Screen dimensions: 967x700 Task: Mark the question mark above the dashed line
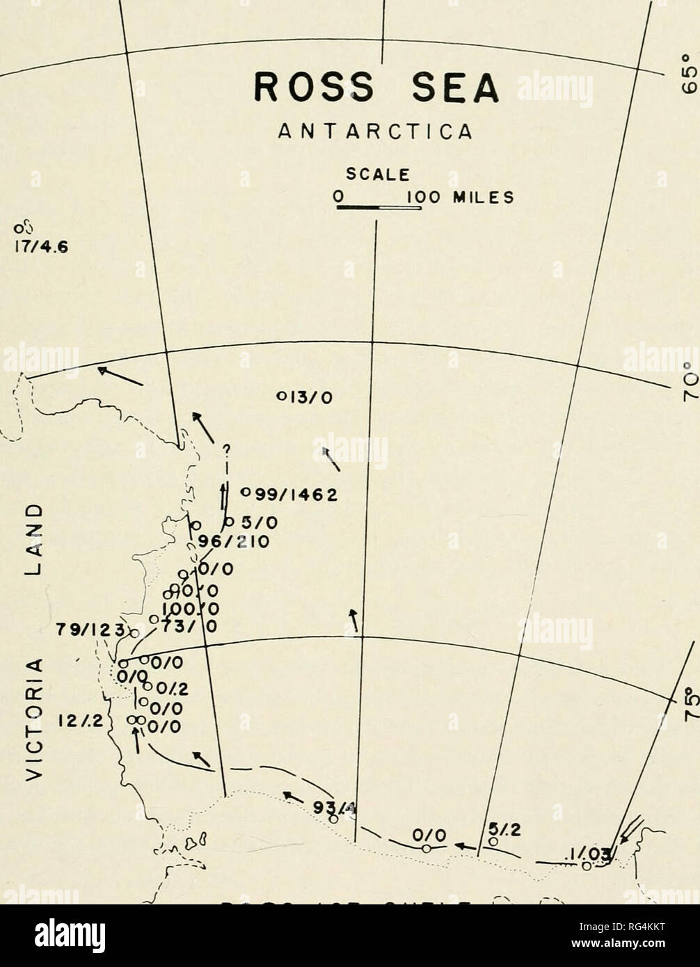pos(225,449)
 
